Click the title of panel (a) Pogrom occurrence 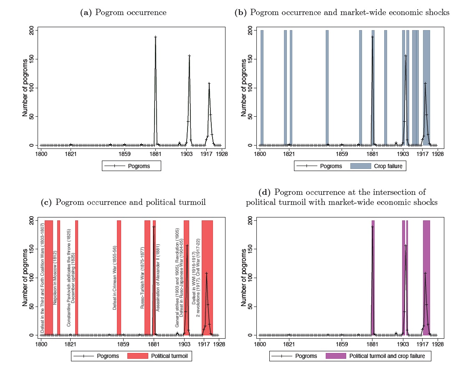(123, 13)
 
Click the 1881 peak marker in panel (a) (155, 37)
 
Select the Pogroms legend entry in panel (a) (131, 166)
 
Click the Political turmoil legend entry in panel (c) (161, 356)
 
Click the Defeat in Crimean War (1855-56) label (114, 284)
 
